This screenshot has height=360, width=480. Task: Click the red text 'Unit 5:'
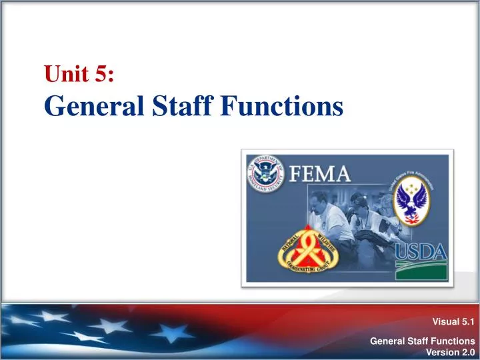pyautogui.click(x=79, y=74)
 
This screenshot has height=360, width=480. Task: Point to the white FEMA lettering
pyautogui.click(x=320, y=175)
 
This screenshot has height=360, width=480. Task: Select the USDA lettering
pyautogui.click(x=420, y=253)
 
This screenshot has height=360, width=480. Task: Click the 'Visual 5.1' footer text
pyautogui.click(x=453, y=321)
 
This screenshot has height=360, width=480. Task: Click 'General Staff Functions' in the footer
pyautogui.click(x=422, y=341)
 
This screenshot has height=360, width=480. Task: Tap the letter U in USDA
pyautogui.click(x=402, y=253)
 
